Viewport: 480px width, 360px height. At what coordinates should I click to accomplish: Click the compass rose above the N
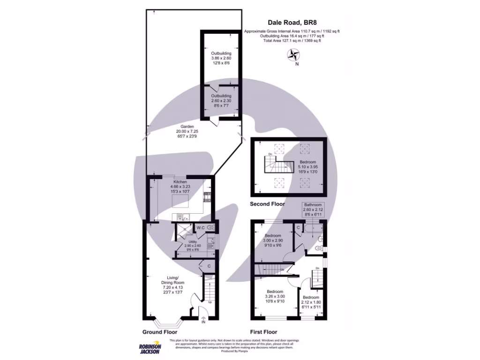pyautogui.click(x=294, y=55)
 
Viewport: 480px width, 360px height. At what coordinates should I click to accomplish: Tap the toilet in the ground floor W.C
pyautogui.click(x=210, y=228)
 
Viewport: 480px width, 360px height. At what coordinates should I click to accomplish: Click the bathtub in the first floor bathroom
pyautogui.click(x=313, y=228)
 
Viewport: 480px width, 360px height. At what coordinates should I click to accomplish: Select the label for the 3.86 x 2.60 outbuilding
pyautogui.click(x=221, y=58)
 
